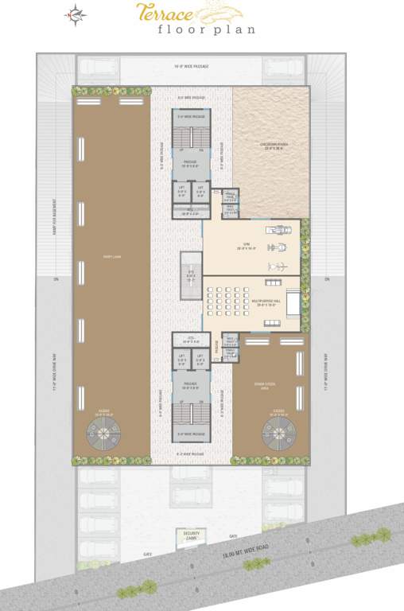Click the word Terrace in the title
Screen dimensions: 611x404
pos(158,10)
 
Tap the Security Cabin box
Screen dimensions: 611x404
pos(191,536)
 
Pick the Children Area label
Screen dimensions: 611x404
pos(272,146)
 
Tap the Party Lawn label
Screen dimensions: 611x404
pos(111,256)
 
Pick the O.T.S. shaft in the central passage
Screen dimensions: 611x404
pos(191,278)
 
